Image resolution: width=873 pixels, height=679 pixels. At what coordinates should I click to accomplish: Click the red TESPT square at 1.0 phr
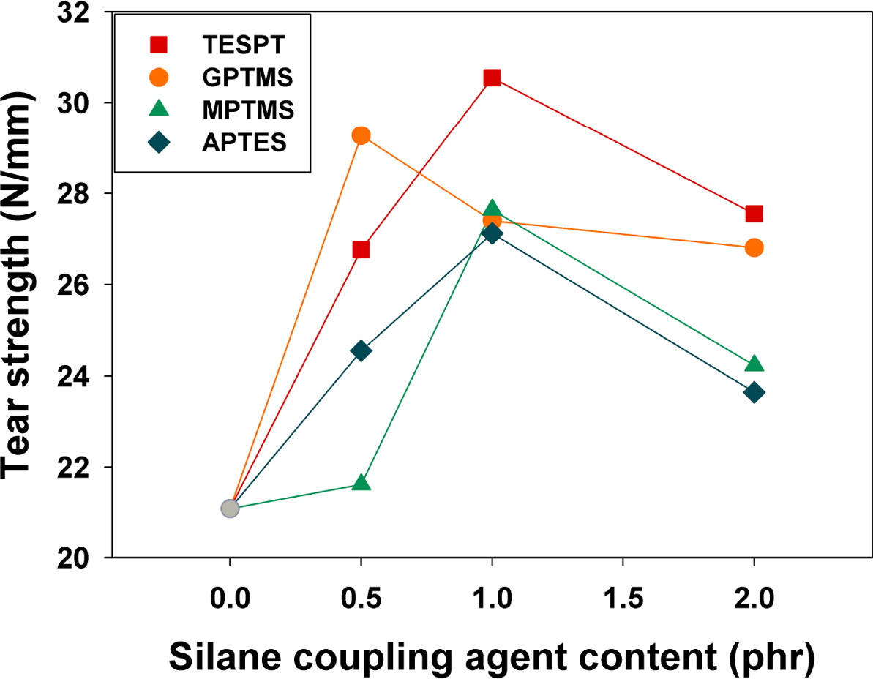492,78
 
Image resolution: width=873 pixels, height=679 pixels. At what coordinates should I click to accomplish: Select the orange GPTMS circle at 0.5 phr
361,135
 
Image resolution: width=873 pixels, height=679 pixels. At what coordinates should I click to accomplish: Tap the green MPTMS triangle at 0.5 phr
361,483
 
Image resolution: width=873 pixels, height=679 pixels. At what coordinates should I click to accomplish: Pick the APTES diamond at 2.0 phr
754,392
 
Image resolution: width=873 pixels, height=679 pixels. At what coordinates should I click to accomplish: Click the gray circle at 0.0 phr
230,508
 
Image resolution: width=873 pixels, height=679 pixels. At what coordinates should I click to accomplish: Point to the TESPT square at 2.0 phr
754,214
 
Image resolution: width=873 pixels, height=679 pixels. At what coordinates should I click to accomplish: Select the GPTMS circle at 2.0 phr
754,248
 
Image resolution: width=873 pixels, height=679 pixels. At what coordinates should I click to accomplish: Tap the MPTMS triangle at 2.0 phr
754,364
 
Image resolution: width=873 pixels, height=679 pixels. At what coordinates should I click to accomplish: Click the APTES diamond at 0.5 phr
361,350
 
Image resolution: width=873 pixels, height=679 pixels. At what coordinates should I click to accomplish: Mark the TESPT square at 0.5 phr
361,250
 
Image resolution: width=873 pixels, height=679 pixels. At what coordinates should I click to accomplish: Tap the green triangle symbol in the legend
159,110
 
